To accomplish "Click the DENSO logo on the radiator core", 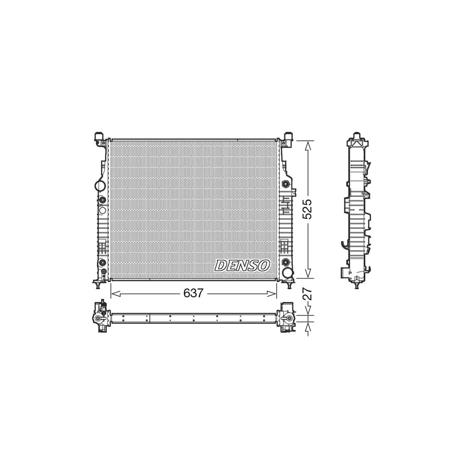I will tap(242, 265).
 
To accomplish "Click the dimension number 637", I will tap(193, 294).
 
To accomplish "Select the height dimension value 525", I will tap(308, 208).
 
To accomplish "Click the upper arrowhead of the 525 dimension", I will tap(308, 145).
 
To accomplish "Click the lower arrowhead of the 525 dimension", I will tap(308, 273).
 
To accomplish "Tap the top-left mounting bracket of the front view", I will tap(100, 138).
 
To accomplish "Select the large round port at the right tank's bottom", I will tap(287, 272).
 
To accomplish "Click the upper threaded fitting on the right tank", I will tap(286, 184).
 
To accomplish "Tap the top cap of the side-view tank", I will tap(357, 138).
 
